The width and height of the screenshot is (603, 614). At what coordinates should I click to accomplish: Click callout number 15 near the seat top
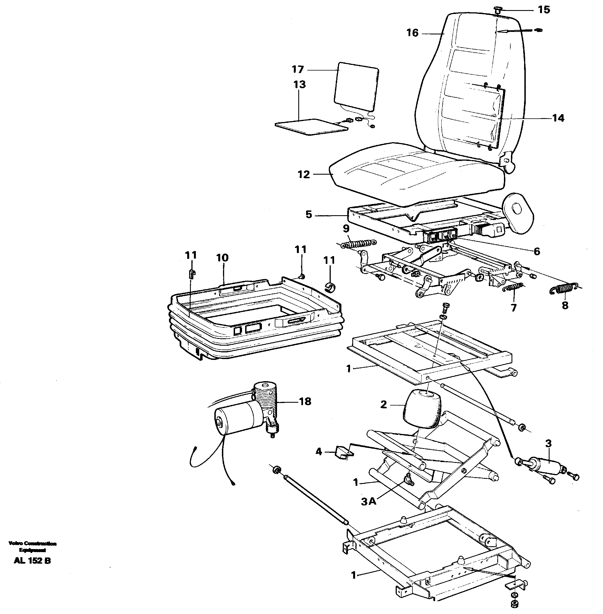(x=544, y=10)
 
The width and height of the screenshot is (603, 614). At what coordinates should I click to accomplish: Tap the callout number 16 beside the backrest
(x=412, y=33)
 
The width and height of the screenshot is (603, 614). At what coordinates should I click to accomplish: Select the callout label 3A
(x=368, y=501)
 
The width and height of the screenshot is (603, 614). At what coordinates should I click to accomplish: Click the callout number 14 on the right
(x=558, y=118)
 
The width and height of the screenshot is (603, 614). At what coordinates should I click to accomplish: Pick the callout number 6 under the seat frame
(x=536, y=252)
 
